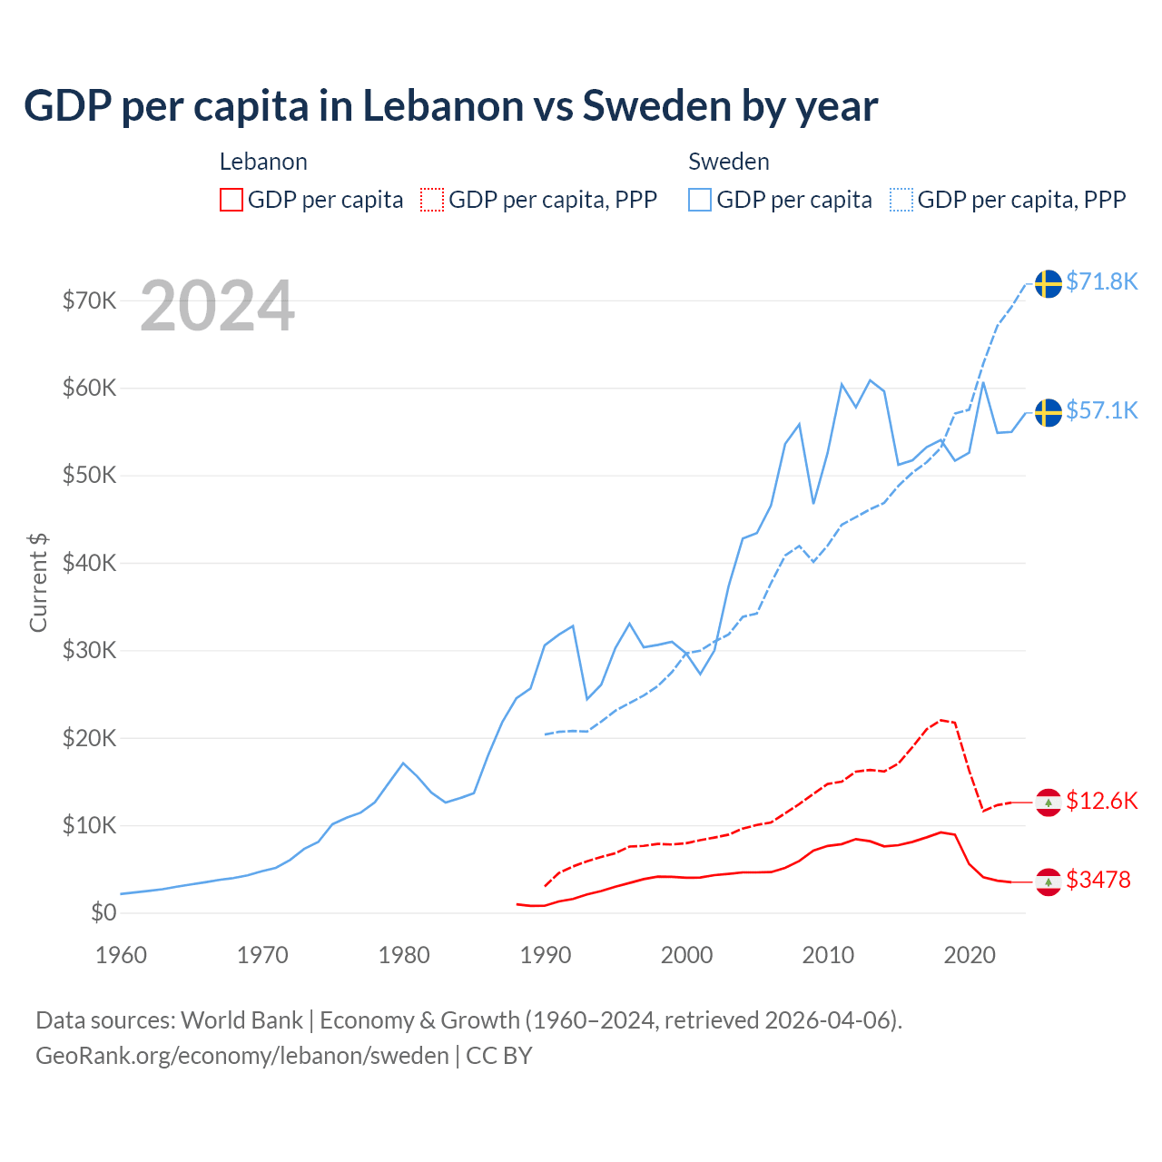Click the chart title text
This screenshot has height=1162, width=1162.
(450, 105)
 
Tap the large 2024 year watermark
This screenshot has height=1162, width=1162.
(217, 306)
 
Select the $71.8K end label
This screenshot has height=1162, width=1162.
(1101, 281)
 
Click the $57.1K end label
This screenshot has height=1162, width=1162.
(1101, 410)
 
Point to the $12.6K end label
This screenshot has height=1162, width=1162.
(1101, 801)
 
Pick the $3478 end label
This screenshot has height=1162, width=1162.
(1098, 880)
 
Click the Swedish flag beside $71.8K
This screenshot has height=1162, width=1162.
(1049, 283)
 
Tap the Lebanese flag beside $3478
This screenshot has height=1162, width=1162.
(1049, 881)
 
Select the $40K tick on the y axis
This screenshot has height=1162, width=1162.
(89, 563)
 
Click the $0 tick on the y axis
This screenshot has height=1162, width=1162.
(103, 912)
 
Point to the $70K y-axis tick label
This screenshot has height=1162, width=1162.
(89, 300)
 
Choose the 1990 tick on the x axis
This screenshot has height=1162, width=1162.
(545, 955)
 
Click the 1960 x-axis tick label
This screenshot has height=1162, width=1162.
(121, 955)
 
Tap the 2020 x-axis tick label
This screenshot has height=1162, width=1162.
(970, 955)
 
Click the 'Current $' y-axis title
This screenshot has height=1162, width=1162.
(38, 582)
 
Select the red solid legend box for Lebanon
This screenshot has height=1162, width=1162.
(231, 200)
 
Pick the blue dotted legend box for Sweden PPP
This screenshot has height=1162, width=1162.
(901, 200)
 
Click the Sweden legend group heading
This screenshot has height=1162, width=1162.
(728, 162)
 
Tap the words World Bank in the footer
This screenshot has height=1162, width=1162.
(241, 1020)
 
